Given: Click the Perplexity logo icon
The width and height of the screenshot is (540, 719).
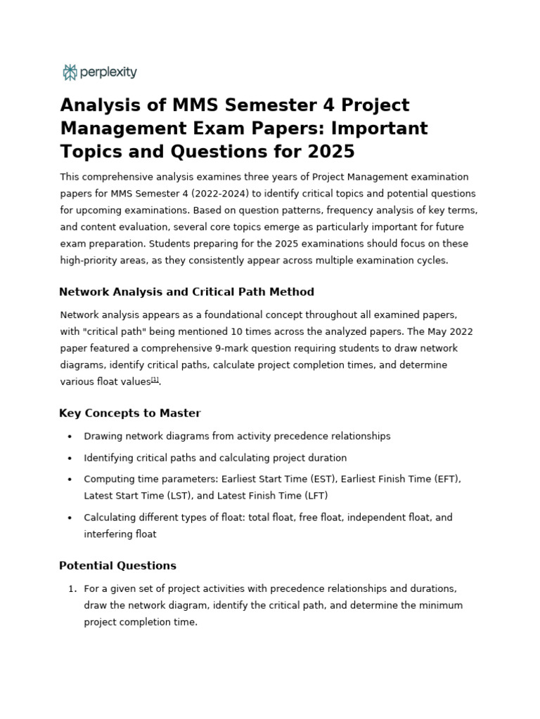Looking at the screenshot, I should (70, 72).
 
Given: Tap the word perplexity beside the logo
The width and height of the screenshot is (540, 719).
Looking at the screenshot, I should (108, 72).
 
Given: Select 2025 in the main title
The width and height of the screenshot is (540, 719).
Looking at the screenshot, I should (330, 152).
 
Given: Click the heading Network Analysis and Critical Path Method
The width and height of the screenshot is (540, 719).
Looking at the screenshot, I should (186, 291).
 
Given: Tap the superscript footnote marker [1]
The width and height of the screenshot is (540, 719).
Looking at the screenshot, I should (155, 380).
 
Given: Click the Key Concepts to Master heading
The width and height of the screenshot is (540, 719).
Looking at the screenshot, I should (130, 413).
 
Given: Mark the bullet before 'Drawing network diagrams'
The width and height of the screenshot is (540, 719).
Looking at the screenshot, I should (70, 437).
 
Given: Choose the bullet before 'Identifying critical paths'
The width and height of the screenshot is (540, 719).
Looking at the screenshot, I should (70, 459).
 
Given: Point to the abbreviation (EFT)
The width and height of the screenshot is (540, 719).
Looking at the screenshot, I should (446, 479).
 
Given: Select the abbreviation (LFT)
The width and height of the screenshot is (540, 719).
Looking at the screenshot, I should (314, 496).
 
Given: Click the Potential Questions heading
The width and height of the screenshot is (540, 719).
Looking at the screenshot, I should (117, 565).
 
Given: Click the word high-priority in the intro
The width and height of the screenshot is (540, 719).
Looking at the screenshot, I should (87, 260).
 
